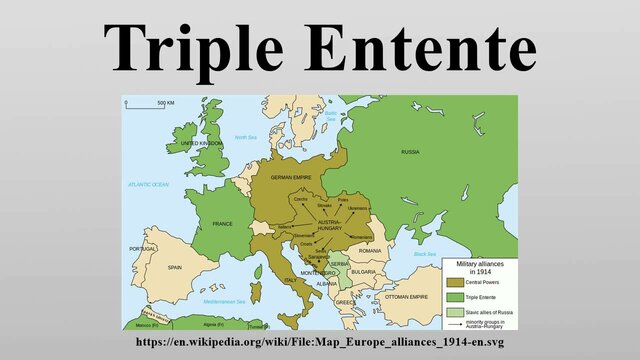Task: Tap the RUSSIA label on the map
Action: (x=410, y=152)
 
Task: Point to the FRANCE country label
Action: (x=222, y=224)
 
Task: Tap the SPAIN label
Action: (x=175, y=267)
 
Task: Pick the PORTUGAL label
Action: (x=143, y=249)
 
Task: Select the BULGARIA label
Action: (x=363, y=271)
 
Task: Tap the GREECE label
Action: (x=345, y=302)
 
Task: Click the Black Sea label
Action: (x=425, y=255)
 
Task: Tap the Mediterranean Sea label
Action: (x=224, y=301)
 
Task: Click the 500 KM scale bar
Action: (x=149, y=103)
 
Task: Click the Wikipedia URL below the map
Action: (x=320, y=343)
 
